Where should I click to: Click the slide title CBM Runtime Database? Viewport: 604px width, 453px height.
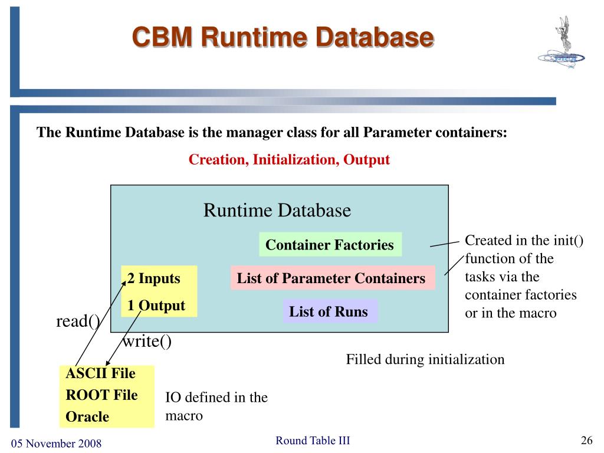pos(283,37)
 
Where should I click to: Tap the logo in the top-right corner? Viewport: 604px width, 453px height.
pos(561,47)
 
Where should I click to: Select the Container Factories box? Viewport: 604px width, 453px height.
pos(330,245)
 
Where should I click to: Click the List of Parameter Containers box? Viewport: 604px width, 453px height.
pos(331,278)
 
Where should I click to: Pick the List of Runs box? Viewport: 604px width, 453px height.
pos(329,311)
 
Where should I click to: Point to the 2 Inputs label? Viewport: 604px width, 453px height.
pos(154,278)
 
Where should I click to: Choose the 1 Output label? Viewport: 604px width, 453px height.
pos(156,306)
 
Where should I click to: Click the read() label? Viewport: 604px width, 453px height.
pos(78,321)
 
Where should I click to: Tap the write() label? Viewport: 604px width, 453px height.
pos(147,342)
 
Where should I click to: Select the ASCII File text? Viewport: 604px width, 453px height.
pos(101,373)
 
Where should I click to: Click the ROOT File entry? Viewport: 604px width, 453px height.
pos(101,395)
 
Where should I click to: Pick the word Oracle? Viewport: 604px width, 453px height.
pos(87,416)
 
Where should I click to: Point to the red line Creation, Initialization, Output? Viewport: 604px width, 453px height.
pos(289,160)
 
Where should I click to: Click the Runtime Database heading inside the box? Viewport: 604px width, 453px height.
pos(277,211)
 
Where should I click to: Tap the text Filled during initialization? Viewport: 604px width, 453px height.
pos(425,359)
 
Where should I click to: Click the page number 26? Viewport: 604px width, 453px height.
pos(586,441)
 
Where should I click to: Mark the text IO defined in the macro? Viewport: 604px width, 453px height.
pos(216,406)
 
